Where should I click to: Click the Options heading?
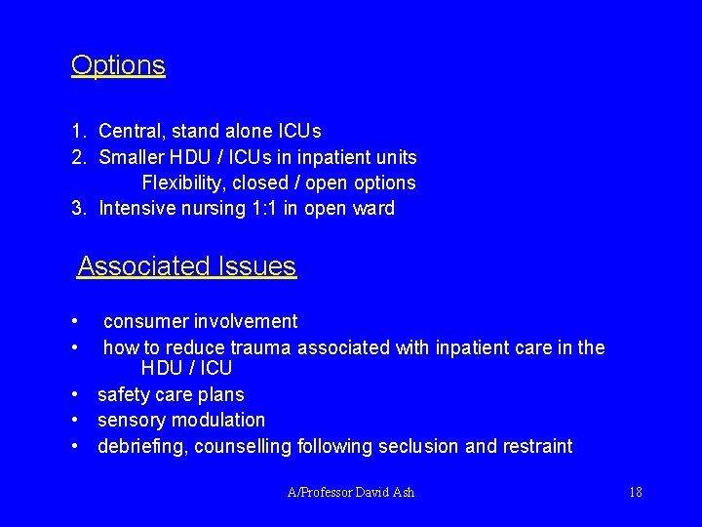point(118,65)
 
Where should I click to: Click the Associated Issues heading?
point(186,265)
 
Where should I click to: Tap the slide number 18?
point(635,492)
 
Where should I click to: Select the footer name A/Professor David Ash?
point(351,492)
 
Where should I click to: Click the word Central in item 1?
point(132,131)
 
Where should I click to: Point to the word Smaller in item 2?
point(134,157)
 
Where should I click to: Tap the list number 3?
point(76,208)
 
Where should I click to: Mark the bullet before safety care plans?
point(75,395)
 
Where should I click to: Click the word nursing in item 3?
point(207,208)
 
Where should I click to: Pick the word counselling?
point(243,447)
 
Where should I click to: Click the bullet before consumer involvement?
point(75,321)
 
